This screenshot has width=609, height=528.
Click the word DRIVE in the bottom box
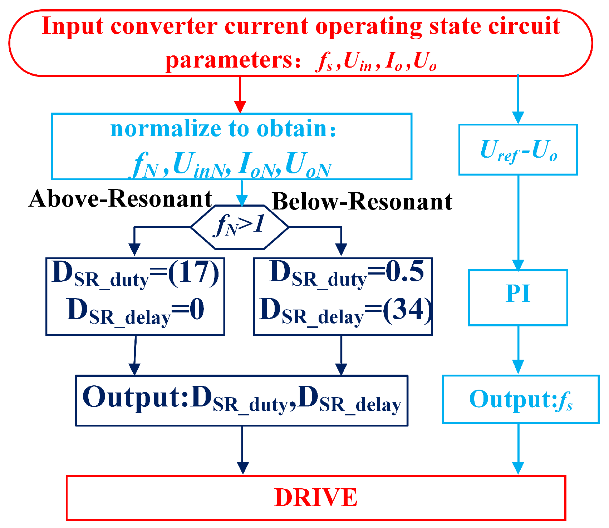[x=315, y=497]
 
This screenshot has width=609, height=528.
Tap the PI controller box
[x=518, y=297]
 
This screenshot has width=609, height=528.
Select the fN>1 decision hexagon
[x=240, y=227]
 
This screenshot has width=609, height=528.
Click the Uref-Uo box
[x=518, y=150]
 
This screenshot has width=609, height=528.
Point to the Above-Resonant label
[x=121, y=199]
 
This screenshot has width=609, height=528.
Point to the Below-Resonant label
[x=362, y=202]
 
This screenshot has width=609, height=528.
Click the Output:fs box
[x=520, y=399]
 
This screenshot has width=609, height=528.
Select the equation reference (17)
[x=193, y=273]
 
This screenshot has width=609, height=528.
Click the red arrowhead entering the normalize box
[x=240, y=107]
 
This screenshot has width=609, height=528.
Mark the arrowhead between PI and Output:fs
[x=518, y=366]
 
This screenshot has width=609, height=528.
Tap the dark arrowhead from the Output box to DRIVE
[x=242, y=468]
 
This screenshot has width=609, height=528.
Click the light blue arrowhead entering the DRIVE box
[x=518, y=468]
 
